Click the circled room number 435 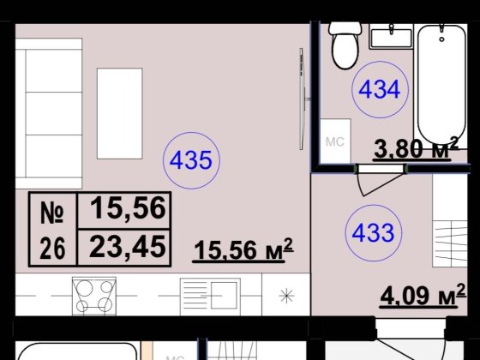pos(191,160)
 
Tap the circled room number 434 pos(380,90)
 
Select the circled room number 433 pos(373,232)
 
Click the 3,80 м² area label pos(416,148)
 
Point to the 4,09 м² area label pos(423,296)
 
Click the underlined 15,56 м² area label pos(243,250)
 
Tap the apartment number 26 pos(52,249)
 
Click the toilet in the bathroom pos(345,45)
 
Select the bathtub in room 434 pos(441,84)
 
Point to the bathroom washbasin pos(391,36)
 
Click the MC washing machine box pos(335,141)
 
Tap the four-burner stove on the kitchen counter pos(94,296)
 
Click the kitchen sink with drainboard pos(210,297)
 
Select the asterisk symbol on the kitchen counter pos(286,296)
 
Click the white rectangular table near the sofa pos(120,113)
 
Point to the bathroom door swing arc pos(381,183)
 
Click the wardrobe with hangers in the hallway pos(450,220)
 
